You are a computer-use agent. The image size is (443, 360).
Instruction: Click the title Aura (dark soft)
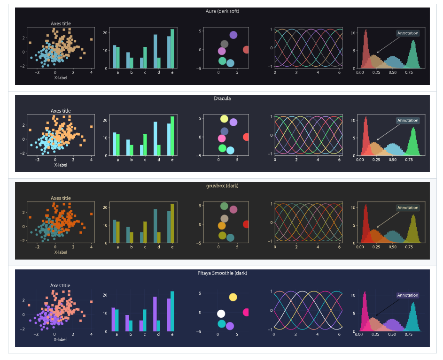[222, 11]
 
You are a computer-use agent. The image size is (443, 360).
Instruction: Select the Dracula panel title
[222, 99]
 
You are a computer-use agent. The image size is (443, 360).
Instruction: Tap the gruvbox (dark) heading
[222, 186]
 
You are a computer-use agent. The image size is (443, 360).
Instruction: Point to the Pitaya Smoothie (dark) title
[222, 273]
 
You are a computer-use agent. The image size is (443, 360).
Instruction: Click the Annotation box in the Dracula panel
[408, 120]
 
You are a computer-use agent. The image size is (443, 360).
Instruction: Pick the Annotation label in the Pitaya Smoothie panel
[408, 295]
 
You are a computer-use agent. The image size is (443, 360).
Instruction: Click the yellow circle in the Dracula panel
[224, 119]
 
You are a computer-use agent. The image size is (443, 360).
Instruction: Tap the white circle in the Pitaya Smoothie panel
[221, 314]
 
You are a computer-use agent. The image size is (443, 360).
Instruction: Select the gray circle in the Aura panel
[225, 44]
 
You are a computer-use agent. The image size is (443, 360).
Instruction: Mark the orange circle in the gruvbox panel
[222, 226]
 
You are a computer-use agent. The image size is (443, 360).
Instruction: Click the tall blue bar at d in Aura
[155, 51]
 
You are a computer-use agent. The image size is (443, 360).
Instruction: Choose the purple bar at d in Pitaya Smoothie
[155, 314]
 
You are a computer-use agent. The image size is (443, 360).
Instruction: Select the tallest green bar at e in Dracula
[172, 136]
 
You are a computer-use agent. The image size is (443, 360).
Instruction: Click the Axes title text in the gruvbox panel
[61, 198]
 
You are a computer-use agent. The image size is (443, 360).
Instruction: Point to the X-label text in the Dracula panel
[61, 165]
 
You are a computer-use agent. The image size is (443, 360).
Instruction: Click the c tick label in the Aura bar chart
[145, 73]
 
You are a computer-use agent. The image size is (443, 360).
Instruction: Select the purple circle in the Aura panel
[233, 35]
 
